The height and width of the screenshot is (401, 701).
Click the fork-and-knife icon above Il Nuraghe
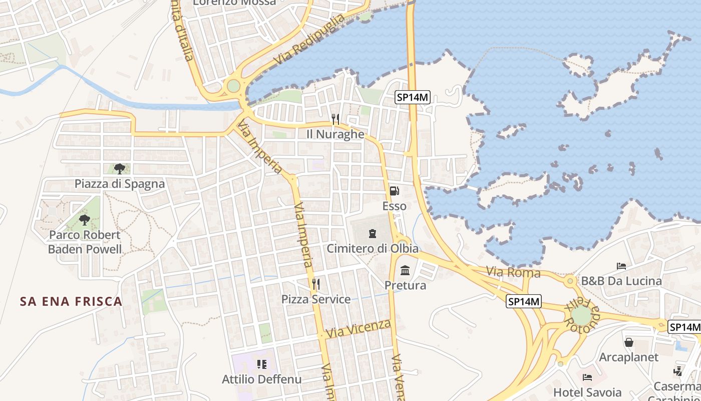pyautogui.click(x=335, y=119)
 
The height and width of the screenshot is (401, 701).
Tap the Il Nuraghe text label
pyautogui.click(x=335, y=134)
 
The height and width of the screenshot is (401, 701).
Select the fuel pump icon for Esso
pyautogui.click(x=395, y=191)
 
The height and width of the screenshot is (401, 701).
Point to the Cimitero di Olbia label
pyautogui.click(x=373, y=248)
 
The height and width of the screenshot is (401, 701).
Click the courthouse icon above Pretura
pyautogui.click(x=405, y=271)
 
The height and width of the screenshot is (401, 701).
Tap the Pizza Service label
pyautogui.click(x=315, y=299)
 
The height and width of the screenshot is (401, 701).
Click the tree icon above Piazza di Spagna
pyautogui.click(x=119, y=168)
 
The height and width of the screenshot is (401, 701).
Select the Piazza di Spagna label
pyautogui.click(x=120, y=183)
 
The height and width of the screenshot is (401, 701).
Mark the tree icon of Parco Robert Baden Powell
pyautogui.click(x=85, y=220)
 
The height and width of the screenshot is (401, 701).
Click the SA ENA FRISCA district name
pyautogui.click(x=71, y=301)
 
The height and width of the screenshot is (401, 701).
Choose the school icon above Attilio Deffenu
pyautogui.click(x=261, y=364)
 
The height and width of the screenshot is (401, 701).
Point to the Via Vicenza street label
pyautogui.click(x=358, y=328)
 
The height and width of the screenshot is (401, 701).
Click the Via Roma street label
pyautogui.click(x=513, y=272)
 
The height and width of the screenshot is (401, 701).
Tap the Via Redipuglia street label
pyautogui.click(x=310, y=40)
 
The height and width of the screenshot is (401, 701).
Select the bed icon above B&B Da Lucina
pyautogui.click(x=621, y=266)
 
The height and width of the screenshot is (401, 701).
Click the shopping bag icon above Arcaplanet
pyautogui.click(x=629, y=342)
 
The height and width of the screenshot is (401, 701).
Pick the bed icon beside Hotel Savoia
pyautogui.click(x=587, y=376)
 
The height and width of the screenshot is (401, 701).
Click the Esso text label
pyautogui.click(x=394, y=206)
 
